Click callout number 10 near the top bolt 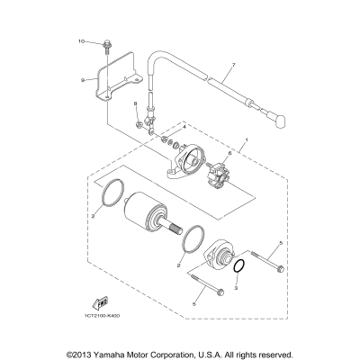point(80,42)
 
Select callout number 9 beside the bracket point(82,79)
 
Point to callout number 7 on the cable point(232,66)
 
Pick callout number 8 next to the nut point(137,106)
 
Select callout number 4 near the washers point(184,130)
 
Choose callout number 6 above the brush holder point(229,155)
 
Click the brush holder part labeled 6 point(222,175)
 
